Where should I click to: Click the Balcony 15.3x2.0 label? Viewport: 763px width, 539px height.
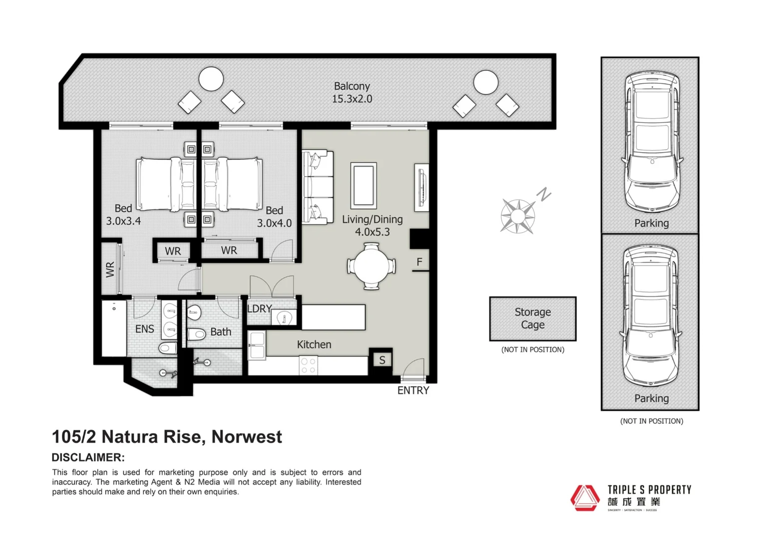pos(352,93)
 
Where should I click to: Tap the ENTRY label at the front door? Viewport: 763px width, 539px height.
pos(413,391)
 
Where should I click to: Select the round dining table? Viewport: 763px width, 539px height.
pos(371,266)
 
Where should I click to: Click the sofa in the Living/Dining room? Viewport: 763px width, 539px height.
pos(317,187)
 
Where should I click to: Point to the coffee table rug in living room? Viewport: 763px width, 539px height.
pos(364,186)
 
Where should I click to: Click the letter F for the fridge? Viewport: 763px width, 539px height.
pos(419,262)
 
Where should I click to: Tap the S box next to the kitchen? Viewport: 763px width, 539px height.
pos(382,360)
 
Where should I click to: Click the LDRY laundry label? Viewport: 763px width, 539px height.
pos(260,309)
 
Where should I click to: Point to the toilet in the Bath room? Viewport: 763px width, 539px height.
pos(197,334)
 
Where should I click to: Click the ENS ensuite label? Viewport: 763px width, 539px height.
pos(144,329)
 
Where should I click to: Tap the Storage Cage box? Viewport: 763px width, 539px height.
pos(533,319)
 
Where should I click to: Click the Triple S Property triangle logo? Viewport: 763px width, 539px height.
pos(585,498)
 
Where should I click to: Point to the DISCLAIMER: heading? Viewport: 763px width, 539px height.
pos(88,458)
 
